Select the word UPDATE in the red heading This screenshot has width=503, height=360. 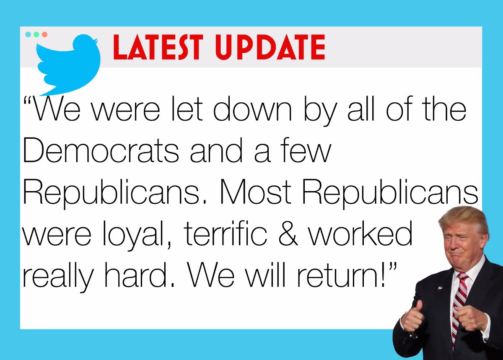[270, 47]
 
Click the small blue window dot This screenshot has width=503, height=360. [28, 34]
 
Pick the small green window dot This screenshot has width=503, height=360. [36, 34]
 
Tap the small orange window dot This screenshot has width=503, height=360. [44, 34]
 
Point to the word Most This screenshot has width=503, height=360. [256, 192]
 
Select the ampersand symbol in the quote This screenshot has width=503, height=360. [288, 233]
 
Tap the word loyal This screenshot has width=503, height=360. [137, 236]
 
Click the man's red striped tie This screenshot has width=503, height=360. [459, 308]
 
